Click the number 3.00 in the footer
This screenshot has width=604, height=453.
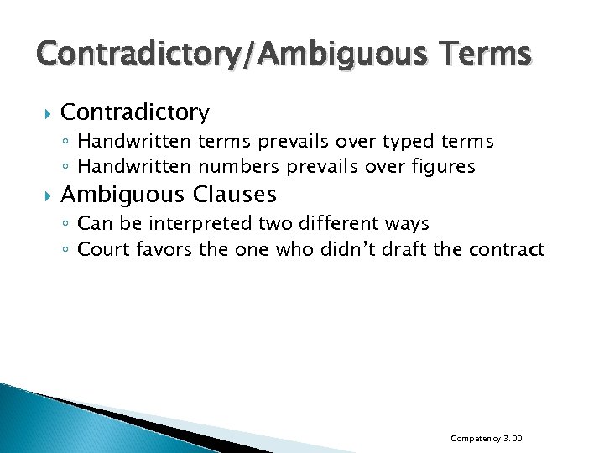point(513,439)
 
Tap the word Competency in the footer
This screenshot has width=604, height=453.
point(473,439)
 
